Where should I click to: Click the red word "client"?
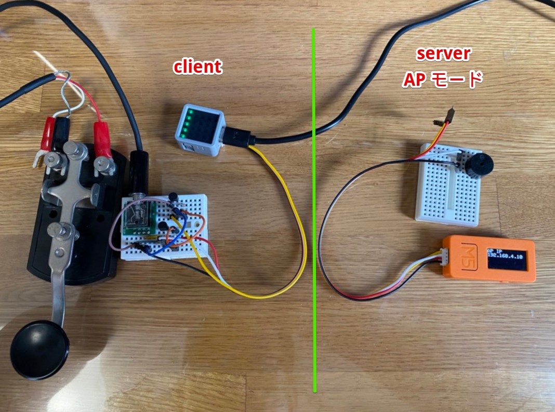(197, 67)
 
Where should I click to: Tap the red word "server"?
(443, 54)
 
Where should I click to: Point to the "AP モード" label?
(442, 79)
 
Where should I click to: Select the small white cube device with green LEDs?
(201, 130)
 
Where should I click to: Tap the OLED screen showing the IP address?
(506, 258)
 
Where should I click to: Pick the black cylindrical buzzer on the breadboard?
(478, 164)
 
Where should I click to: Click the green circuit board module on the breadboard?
(139, 219)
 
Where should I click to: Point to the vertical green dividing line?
(314, 210)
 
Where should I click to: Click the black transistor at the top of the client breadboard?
(173, 197)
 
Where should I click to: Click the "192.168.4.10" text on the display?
(505, 256)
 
